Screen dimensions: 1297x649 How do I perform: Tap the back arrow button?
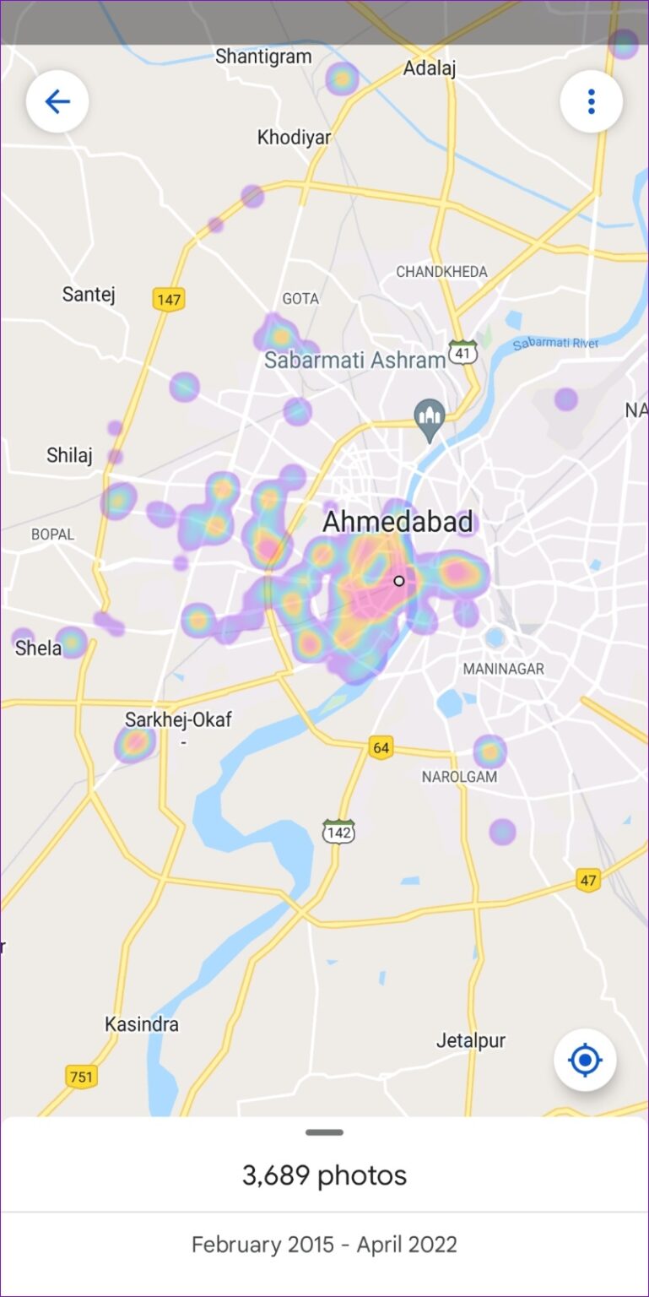(x=57, y=102)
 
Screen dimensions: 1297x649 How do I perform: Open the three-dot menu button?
(x=591, y=102)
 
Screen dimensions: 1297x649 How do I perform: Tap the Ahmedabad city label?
(x=398, y=522)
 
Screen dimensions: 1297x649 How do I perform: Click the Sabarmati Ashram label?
(x=354, y=361)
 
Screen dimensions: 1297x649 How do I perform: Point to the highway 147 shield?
(x=169, y=298)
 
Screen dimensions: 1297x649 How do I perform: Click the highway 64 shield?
(x=381, y=747)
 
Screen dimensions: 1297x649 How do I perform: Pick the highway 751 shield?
(x=81, y=1077)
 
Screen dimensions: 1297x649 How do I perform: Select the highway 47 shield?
(x=588, y=880)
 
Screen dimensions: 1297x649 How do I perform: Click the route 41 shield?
(x=462, y=353)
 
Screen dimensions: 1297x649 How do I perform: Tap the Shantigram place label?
(x=263, y=57)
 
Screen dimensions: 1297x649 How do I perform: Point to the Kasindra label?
(x=142, y=1024)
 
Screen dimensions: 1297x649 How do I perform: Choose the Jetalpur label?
(x=471, y=1040)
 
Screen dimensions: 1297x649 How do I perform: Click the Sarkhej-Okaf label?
(x=178, y=720)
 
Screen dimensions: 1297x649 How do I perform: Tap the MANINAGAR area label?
(x=503, y=669)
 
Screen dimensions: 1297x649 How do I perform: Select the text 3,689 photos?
(x=324, y=1175)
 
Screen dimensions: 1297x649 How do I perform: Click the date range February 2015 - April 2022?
(x=324, y=1245)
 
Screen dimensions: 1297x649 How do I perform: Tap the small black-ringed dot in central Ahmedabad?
(x=399, y=581)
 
